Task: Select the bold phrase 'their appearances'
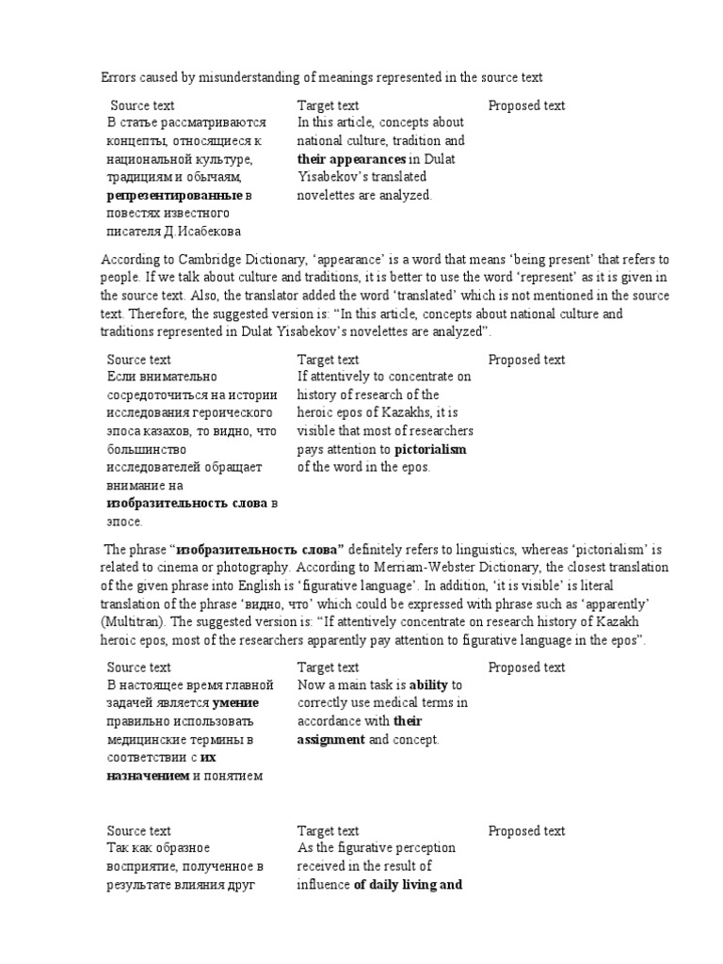(x=352, y=159)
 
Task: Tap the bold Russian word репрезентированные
(x=174, y=195)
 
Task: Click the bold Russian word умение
(x=235, y=702)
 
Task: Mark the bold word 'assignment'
(x=330, y=739)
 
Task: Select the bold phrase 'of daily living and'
(x=408, y=884)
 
